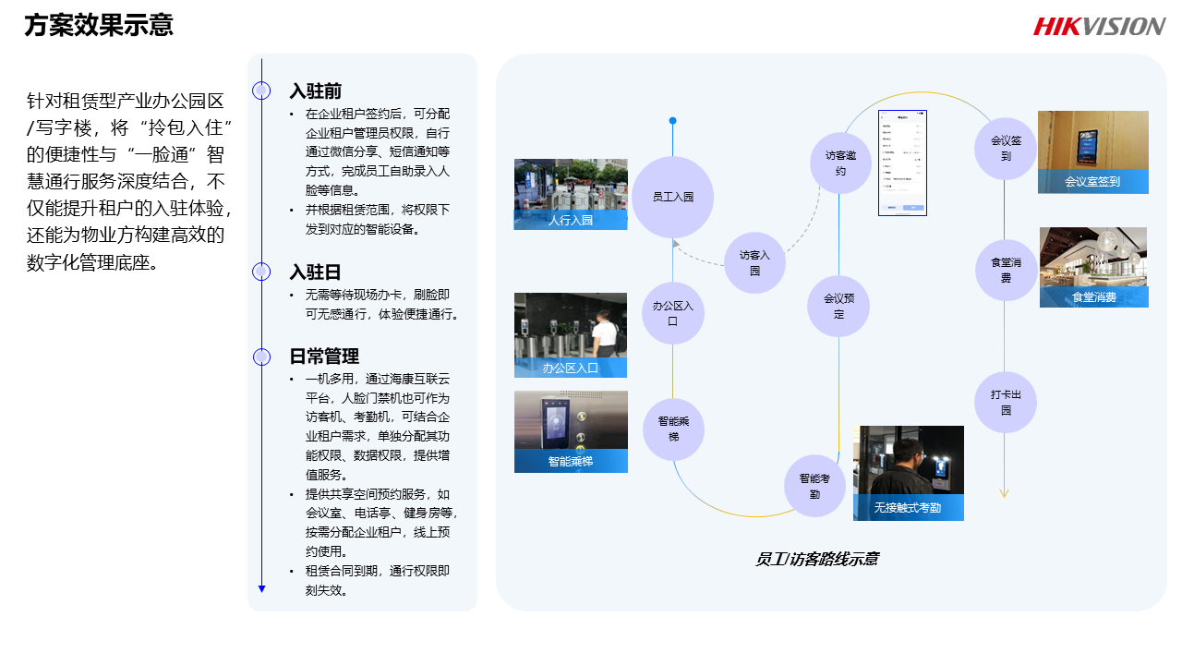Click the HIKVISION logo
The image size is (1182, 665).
click(1099, 26)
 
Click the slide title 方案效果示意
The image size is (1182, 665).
click(99, 25)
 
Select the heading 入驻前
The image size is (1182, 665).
click(316, 91)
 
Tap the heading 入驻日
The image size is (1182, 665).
click(316, 272)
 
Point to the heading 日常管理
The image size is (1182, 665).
click(324, 357)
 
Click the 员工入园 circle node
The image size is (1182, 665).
click(672, 197)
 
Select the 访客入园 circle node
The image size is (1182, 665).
click(754, 262)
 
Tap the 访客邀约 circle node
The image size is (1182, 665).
click(840, 163)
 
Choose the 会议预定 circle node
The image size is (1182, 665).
click(838, 306)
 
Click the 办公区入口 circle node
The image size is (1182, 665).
click(672, 313)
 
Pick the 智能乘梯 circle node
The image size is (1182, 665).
click(673, 429)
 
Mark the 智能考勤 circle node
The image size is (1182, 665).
click(814, 485)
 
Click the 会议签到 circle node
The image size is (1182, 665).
click(1006, 149)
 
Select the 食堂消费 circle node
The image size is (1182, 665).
click(1006, 270)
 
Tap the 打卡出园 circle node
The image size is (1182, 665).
click(1006, 402)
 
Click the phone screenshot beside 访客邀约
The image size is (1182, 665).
click(902, 163)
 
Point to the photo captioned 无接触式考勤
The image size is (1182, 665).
click(909, 472)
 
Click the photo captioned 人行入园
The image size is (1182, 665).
click(571, 194)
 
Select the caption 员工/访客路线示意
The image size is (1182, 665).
click(816, 559)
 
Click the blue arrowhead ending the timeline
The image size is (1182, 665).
click(262, 588)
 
